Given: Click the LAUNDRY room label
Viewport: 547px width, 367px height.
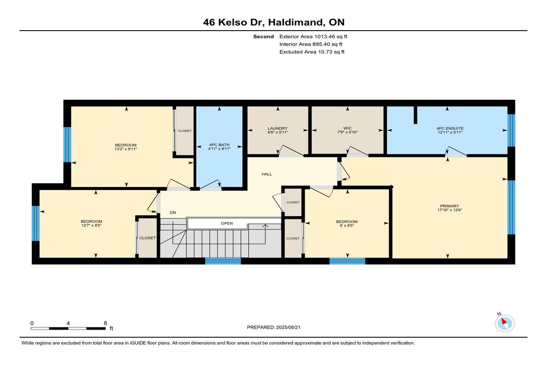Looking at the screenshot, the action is [278, 129].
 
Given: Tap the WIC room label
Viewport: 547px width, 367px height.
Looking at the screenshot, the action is [347, 128].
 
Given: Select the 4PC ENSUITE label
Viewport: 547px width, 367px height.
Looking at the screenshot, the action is [450, 128].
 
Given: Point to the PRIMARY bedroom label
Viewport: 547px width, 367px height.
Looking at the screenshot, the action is [449, 206].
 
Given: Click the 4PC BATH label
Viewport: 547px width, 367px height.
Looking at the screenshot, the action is [219, 145].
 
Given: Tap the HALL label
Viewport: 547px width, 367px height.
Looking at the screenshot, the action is [267, 174].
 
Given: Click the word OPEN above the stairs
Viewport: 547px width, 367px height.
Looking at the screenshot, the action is [227, 223].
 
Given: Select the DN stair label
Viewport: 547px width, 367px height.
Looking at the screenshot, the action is [173, 212].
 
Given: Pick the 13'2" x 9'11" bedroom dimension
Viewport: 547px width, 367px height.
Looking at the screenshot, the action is [126, 149].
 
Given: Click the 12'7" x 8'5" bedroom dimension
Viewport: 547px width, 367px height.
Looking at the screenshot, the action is [91, 225].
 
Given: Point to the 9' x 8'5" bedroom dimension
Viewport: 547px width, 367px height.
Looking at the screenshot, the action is [347, 226].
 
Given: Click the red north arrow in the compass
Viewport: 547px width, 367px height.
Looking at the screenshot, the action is [504, 321].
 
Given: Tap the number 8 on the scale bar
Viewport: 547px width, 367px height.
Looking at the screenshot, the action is [105, 323].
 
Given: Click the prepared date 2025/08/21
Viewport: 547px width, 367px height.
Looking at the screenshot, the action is [288, 327].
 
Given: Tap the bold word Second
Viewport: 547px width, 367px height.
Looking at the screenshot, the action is [263, 36].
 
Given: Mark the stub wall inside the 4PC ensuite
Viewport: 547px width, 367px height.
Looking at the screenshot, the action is [415, 115].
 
